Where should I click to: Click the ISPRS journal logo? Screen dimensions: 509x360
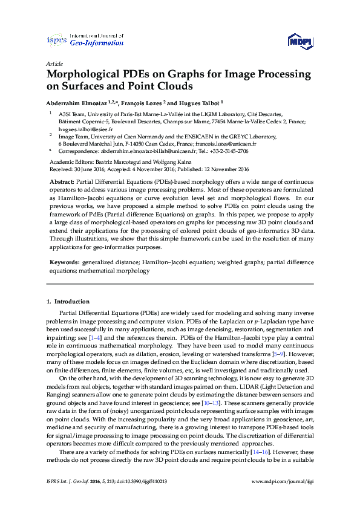tap(56, 41)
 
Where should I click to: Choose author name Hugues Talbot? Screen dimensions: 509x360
tap(199, 103)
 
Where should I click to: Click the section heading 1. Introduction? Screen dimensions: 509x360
tap(69, 301)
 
